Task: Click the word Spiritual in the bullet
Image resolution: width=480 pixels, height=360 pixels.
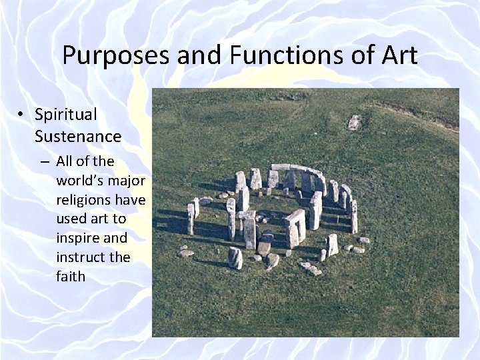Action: [66, 115]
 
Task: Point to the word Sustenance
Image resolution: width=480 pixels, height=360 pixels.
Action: [78, 137]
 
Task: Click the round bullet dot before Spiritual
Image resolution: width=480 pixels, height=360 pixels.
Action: [22, 115]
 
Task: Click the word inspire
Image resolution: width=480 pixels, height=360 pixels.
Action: [78, 238]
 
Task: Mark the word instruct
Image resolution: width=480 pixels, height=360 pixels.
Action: [81, 257]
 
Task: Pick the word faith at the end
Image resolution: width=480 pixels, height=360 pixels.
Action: [71, 276]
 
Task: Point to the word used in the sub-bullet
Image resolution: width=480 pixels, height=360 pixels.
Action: [72, 219]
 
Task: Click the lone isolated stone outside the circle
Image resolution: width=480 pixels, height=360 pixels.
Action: [355, 122]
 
